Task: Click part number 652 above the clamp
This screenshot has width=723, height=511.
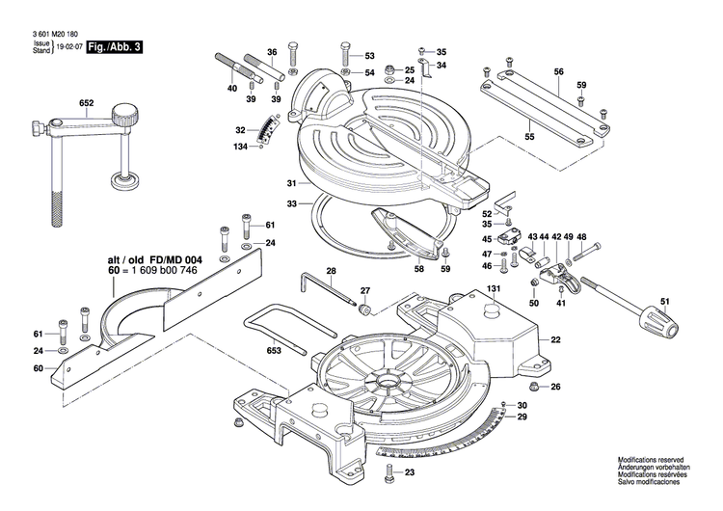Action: click(86, 101)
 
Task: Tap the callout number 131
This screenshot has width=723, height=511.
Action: click(494, 289)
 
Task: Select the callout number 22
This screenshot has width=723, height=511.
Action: click(555, 339)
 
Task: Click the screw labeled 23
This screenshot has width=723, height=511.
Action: click(389, 472)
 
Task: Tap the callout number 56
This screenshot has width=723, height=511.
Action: click(558, 72)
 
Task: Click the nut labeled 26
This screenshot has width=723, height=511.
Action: click(529, 387)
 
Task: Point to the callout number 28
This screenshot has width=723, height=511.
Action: click(331, 272)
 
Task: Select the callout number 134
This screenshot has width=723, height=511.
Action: click(241, 147)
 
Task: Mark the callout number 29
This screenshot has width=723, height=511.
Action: click(522, 417)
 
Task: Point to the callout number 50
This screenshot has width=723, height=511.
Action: click(533, 304)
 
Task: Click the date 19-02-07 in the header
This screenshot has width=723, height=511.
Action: click(68, 46)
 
